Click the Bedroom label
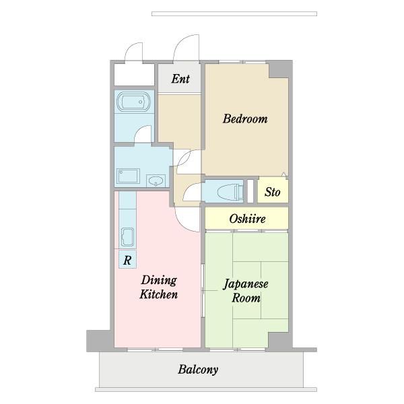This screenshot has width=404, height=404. pos(245,119)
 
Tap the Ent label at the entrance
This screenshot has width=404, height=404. pos(180,79)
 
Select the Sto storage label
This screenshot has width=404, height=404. pos(272,192)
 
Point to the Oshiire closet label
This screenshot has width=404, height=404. pos(247,219)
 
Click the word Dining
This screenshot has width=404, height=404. pos(159,281)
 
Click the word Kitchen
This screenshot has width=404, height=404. pos(159,294)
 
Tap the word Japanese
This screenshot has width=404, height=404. pos(246,284)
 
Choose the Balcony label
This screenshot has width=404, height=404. pos(198,370)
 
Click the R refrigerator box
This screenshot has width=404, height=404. pos(127,259)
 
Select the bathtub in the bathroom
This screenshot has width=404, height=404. pos(133,102)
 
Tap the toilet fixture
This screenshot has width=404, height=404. pos(230,192)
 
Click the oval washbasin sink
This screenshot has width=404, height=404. pos(156,180)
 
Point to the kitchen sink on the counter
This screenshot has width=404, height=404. pos(127,237)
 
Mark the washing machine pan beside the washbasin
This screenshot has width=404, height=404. pos(128,176)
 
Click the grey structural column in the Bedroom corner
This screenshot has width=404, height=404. pos(279,69)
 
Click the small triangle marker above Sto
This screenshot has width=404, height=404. pos(283,174)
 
